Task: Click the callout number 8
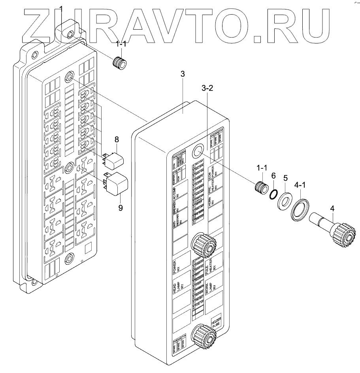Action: click(x=117, y=139)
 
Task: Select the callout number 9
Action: click(x=121, y=207)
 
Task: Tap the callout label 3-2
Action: click(x=207, y=88)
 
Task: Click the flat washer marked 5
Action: click(x=284, y=200)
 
